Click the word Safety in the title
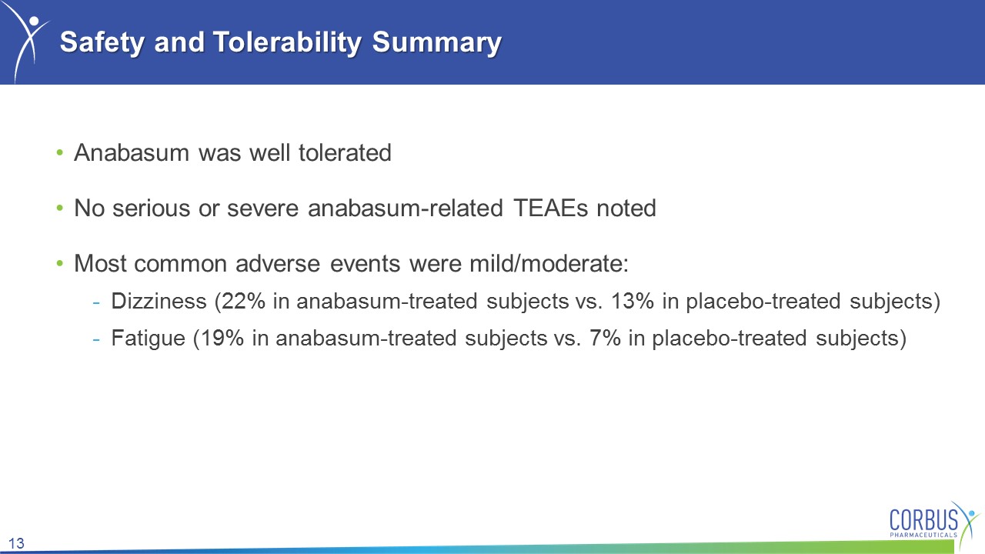(x=102, y=42)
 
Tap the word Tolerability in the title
(x=288, y=42)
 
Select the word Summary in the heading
(x=436, y=42)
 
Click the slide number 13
(x=16, y=543)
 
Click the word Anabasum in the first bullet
(x=132, y=153)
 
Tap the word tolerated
(x=345, y=153)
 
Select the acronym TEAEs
(x=550, y=209)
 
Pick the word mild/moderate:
(x=549, y=264)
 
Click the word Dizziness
(x=159, y=301)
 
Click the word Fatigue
(x=149, y=339)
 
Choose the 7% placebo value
(x=605, y=339)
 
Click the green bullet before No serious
(x=60, y=208)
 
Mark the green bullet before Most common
(x=60, y=263)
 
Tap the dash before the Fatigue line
(x=96, y=340)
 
